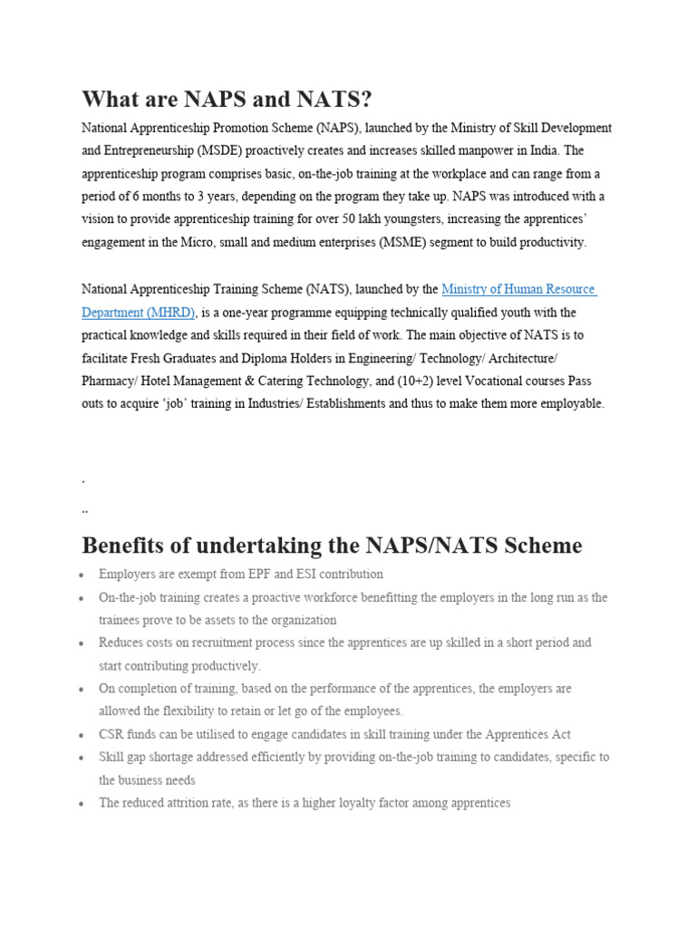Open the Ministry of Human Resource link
pyautogui.click(x=518, y=289)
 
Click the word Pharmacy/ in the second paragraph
pyautogui.click(x=110, y=381)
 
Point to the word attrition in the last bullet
pyautogui.click(x=203, y=803)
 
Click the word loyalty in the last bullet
pyautogui.click(x=385, y=803)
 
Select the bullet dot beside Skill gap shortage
pyautogui.click(x=82, y=758)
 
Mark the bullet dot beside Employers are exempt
pyautogui.click(x=82, y=575)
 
